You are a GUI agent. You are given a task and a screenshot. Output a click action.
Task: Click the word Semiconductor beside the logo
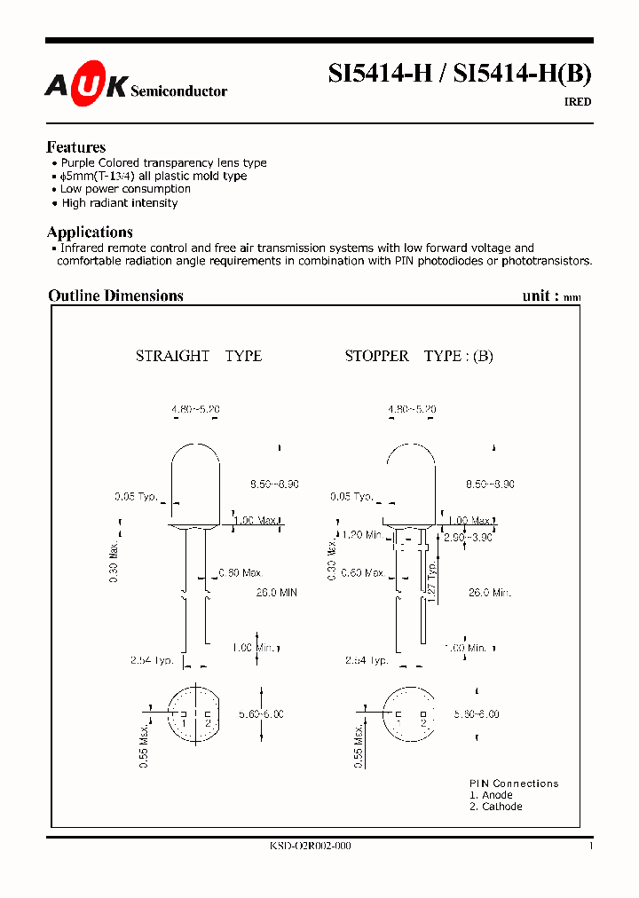click(x=178, y=91)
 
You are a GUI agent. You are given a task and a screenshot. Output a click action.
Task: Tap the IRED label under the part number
click(x=578, y=102)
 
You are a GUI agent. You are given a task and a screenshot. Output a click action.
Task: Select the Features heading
click(x=76, y=147)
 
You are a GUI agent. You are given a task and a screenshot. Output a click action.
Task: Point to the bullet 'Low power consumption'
click(x=125, y=189)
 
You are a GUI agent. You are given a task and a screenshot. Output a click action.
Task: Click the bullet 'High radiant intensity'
click(x=119, y=203)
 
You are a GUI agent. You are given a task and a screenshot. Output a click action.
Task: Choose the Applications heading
click(x=90, y=232)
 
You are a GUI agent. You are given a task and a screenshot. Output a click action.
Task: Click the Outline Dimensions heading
click(x=115, y=295)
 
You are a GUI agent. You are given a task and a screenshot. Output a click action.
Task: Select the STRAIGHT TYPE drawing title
click(x=199, y=356)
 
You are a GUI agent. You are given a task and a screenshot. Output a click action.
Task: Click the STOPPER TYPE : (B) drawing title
click(x=419, y=356)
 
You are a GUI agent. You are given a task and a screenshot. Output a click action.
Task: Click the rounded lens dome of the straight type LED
click(x=194, y=466)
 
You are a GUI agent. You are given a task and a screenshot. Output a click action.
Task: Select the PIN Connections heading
click(x=514, y=784)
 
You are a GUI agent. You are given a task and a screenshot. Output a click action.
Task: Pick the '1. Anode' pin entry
click(x=491, y=795)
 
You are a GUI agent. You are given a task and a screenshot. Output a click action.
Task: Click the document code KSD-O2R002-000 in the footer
click(x=310, y=847)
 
